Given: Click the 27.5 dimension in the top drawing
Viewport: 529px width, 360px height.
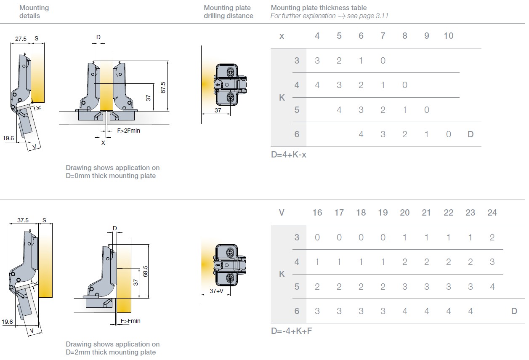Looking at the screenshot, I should pos(21,39).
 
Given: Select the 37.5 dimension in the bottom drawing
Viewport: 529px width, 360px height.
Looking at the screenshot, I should pos(23,220).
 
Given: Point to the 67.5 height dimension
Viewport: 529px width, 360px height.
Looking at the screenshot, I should pos(163,87).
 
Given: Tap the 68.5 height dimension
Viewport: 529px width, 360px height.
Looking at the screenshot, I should pos(145,271).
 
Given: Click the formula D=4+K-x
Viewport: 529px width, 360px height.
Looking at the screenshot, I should pos(289,155).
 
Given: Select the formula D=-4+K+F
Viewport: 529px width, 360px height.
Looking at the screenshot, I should pos(291,331).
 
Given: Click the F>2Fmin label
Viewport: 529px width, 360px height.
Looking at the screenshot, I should pos(128,131).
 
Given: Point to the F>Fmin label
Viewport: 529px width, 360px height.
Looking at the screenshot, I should pos(130,321).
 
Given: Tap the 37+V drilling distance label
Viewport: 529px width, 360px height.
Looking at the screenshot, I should pos(217,291).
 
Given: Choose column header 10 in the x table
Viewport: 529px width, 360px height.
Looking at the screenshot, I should pos(448,36).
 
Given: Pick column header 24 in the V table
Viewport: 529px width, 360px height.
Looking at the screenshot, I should pos(492,213).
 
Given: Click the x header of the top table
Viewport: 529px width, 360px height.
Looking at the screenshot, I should pos(282,36).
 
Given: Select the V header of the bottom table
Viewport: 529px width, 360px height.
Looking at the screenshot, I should pos(282,213).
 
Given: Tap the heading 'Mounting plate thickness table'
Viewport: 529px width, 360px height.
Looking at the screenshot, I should pos(319,8).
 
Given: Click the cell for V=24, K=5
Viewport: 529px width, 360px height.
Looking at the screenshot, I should pos(492,287).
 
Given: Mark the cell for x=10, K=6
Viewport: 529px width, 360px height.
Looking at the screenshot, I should pos(448,134).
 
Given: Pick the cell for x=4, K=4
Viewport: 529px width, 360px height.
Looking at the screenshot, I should pos(317,85).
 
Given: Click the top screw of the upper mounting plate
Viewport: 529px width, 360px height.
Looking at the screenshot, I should pos(230,71).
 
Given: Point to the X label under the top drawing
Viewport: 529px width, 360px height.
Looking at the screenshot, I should pos(103,143).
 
